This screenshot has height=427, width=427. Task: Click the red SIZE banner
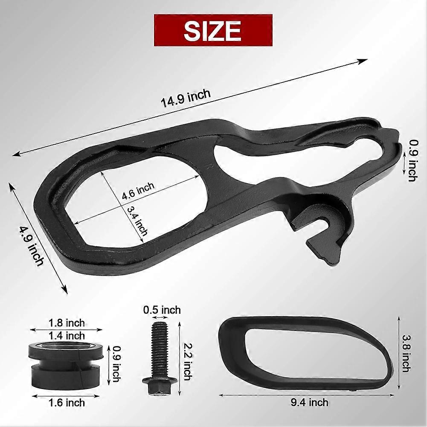(x=213, y=30)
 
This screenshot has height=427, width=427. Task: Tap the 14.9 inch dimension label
(x=186, y=98)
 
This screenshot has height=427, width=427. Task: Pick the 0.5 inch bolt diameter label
(x=162, y=310)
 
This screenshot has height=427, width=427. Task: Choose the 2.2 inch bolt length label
(x=188, y=361)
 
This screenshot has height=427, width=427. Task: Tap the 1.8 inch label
(x=67, y=323)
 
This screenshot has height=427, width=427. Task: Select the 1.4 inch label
(x=67, y=335)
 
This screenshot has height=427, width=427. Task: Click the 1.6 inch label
(x=67, y=403)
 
